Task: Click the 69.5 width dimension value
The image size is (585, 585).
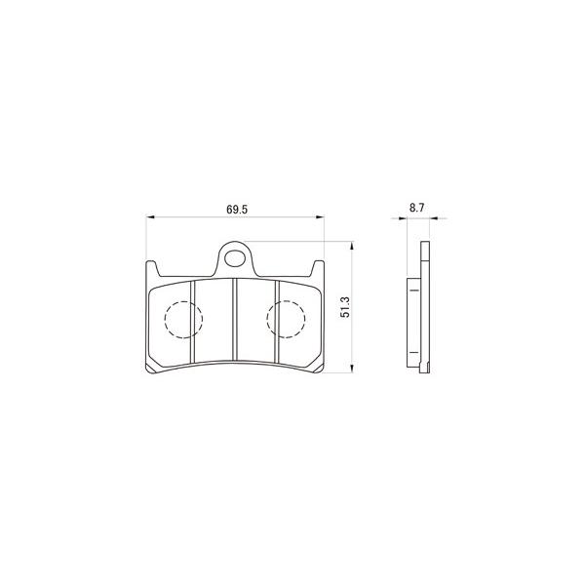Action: (237, 210)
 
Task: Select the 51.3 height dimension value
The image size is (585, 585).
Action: (346, 307)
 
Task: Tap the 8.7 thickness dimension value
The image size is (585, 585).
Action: (416, 208)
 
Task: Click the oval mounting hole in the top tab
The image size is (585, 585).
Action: (235, 258)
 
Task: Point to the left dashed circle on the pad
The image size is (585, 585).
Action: (165, 320)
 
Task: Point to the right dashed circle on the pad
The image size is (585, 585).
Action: (267, 320)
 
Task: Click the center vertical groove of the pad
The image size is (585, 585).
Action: (235, 320)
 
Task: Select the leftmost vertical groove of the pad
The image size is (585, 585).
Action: (193, 321)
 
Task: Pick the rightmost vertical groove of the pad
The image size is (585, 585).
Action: (277, 321)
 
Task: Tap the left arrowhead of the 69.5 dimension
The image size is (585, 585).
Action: (149, 216)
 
